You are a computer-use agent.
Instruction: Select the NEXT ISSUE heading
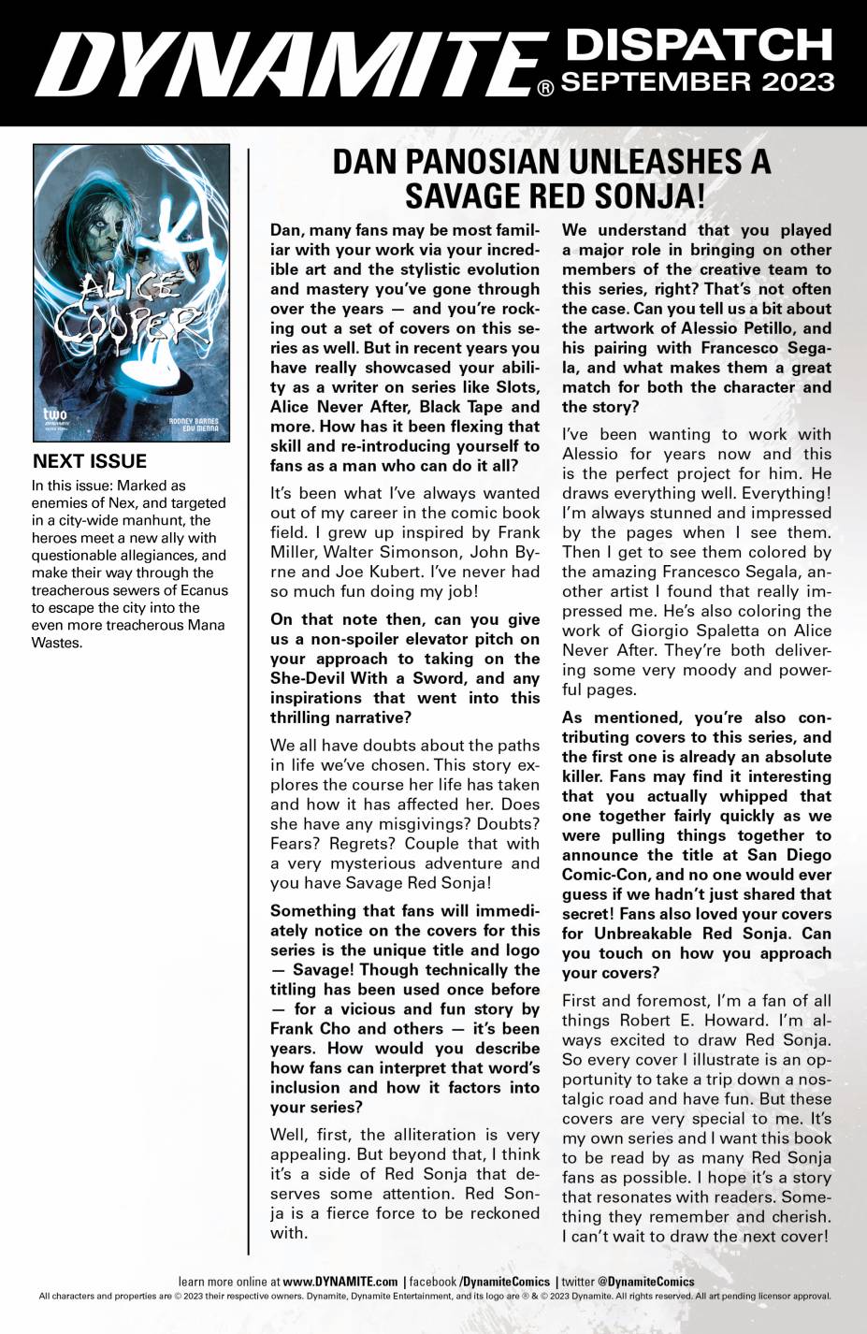click(x=90, y=461)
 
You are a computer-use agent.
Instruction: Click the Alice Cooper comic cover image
click(x=131, y=291)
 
